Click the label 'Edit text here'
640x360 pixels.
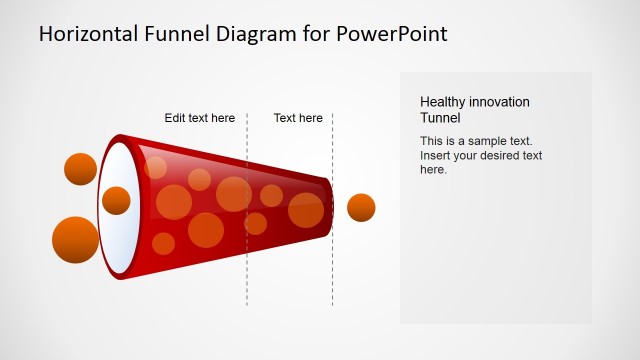tap(200, 118)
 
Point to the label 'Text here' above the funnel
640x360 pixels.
tap(298, 118)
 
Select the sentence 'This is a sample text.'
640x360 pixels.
tap(476, 141)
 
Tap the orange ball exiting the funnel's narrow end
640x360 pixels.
tap(361, 208)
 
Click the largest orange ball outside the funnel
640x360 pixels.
tap(75, 240)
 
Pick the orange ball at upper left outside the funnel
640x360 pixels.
tap(80, 169)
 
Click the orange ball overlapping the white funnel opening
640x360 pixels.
tap(116, 200)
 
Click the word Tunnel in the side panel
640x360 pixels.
tap(440, 117)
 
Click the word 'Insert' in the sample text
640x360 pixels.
tap(437, 155)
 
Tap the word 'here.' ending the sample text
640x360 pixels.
tap(433, 169)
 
